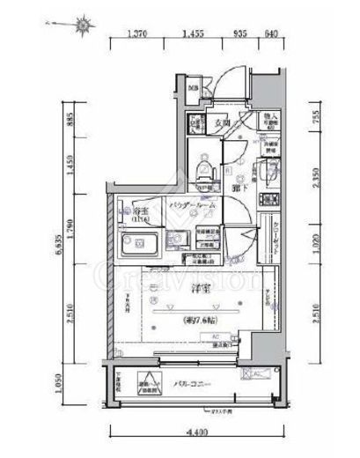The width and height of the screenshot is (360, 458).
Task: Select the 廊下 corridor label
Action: (x=236, y=188)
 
